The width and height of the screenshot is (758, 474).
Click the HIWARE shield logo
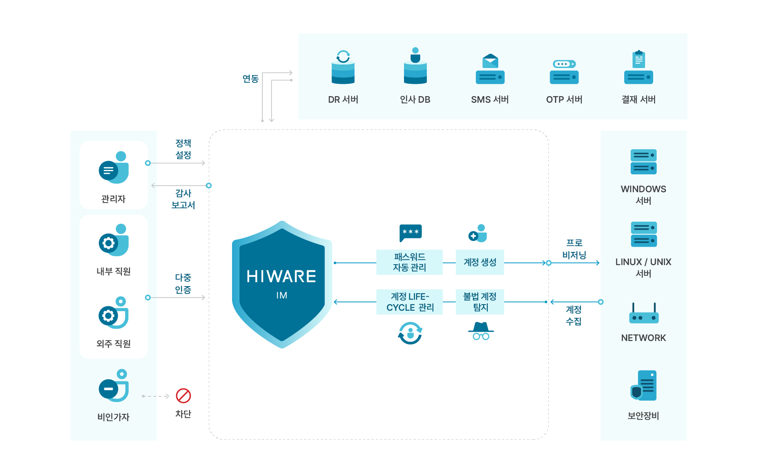pyautogui.click(x=282, y=284)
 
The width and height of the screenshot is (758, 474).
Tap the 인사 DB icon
pyautogui.click(x=415, y=66)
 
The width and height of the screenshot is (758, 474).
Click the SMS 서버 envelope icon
pyautogui.click(x=490, y=69)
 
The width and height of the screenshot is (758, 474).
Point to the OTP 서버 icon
pyautogui.click(x=564, y=72)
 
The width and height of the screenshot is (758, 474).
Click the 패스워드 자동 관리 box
pyautogui.click(x=409, y=262)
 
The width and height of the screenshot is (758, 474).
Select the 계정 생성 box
pyautogui.click(x=480, y=262)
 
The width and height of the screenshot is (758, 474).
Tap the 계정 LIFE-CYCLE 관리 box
pyautogui.click(x=409, y=302)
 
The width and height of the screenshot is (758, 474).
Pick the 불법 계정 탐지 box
pyautogui.click(x=480, y=302)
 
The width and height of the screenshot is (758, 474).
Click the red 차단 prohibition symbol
pyautogui.click(x=183, y=395)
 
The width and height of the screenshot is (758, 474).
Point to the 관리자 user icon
pyautogui.click(x=114, y=168)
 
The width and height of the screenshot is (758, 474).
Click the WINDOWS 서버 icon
pyautogui.click(x=644, y=162)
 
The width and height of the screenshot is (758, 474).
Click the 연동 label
pyautogui.click(x=250, y=79)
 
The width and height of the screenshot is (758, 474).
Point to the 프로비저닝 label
pyautogui.click(x=574, y=249)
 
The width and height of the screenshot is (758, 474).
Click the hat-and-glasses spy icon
pyautogui.click(x=481, y=331)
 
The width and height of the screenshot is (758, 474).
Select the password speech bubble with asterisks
pyautogui.click(x=411, y=233)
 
